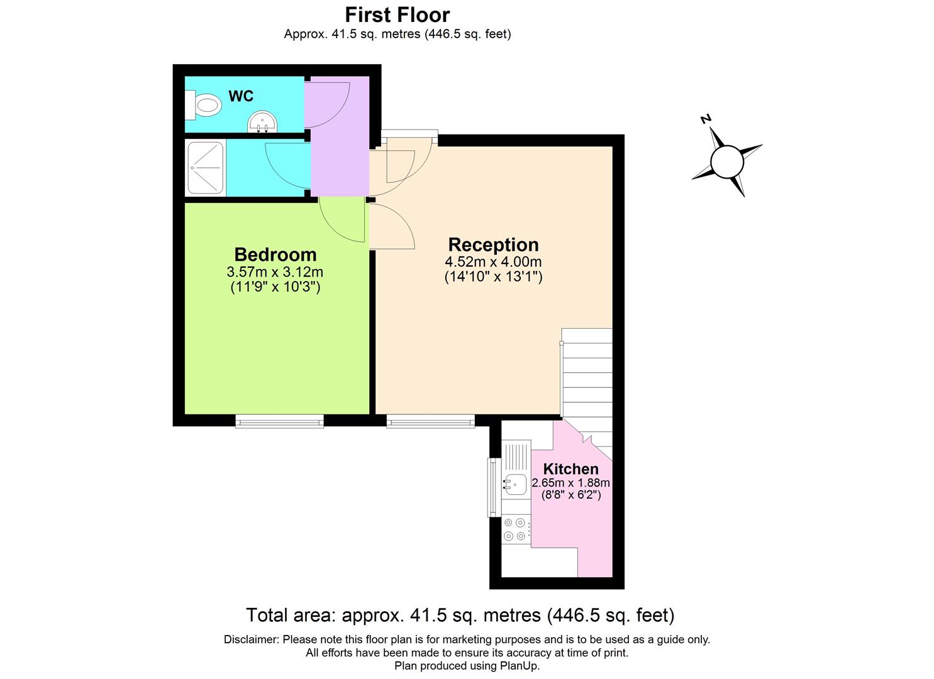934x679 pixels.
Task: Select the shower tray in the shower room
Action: (x=206, y=167)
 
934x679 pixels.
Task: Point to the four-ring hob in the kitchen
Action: (x=515, y=529)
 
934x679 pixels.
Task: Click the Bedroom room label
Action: (x=275, y=255)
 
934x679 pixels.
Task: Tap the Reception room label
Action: (x=493, y=245)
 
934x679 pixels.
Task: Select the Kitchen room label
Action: (x=570, y=468)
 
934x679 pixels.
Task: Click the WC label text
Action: (x=241, y=96)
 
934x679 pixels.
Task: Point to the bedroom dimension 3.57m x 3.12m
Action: (x=275, y=272)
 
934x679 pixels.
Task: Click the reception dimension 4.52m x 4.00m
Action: (x=493, y=262)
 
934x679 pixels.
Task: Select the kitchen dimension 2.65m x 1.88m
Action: (x=570, y=483)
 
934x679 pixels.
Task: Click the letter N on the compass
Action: (x=706, y=119)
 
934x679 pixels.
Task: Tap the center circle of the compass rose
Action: (x=727, y=162)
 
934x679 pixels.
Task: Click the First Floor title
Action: (x=397, y=14)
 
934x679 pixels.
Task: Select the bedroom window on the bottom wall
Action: (x=279, y=421)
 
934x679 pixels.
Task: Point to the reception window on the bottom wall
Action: (x=430, y=421)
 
